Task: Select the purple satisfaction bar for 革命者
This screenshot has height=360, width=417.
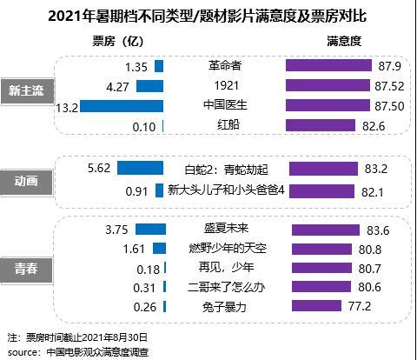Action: [x=321, y=66]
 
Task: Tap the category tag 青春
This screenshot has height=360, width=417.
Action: [x=25, y=270]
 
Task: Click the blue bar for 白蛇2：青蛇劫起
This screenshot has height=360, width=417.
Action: [x=141, y=169]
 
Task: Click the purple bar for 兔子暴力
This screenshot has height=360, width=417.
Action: [x=316, y=307]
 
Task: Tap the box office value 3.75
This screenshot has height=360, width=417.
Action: [x=116, y=229]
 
